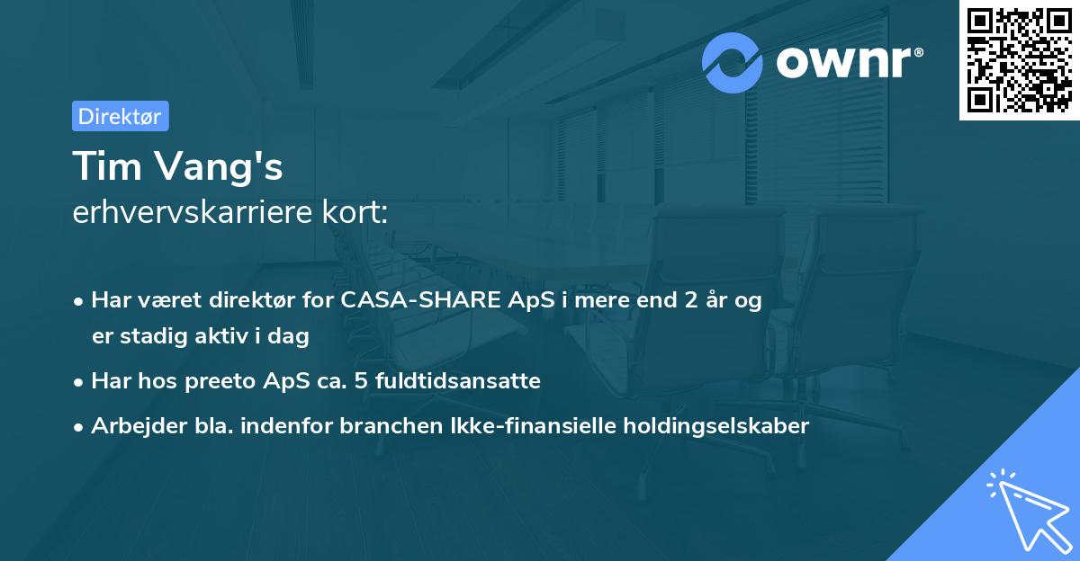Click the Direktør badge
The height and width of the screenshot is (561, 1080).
coord(120,116)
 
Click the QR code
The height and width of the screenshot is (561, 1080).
coord(1019,59)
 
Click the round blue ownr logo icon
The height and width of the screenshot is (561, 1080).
coord(733,62)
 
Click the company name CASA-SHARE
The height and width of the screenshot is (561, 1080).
coord(416,300)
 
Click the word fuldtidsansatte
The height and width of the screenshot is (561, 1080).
coord(466,381)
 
